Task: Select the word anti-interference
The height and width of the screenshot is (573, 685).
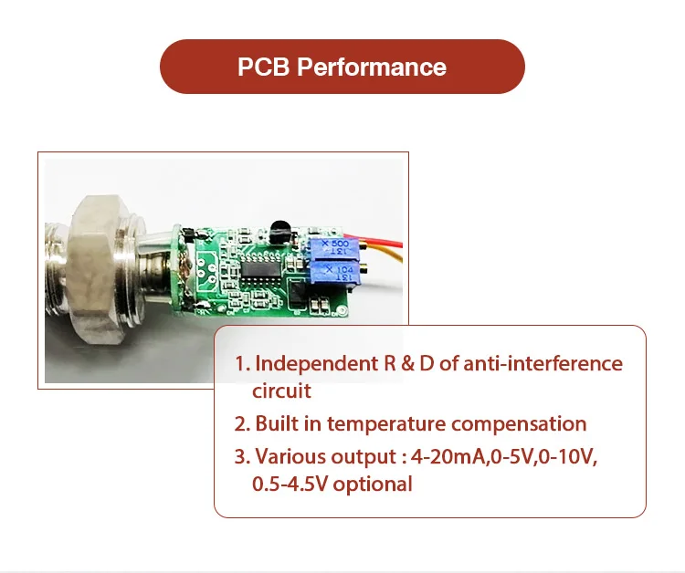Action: tap(543, 364)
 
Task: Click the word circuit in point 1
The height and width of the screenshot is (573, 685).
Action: tap(281, 391)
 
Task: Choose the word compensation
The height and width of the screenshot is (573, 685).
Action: tap(519, 423)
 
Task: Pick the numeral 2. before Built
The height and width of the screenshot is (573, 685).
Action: tap(242, 423)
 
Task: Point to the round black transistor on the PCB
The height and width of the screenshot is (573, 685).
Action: tap(279, 230)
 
